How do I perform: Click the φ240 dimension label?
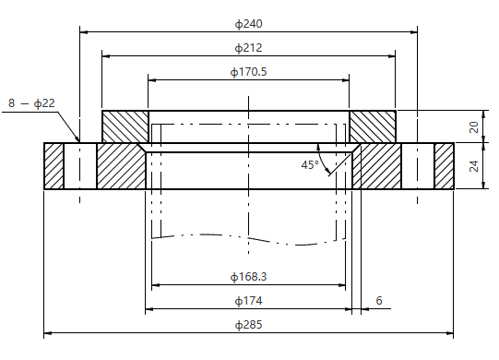[x=248, y=23]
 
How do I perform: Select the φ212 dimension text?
[x=248, y=47]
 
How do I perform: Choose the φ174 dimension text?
[x=248, y=301]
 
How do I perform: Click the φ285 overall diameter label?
[x=248, y=325]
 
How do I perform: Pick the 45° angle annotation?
[x=309, y=165]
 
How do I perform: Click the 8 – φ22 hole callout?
[x=32, y=103]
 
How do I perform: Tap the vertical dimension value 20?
[x=474, y=126]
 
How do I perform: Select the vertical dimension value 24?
[x=474, y=166]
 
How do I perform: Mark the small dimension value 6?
[x=378, y=301]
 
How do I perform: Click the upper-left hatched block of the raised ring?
[x=125, y=126]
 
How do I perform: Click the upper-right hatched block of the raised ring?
[x=373, y=126]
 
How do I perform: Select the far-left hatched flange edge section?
[x=53, y=166]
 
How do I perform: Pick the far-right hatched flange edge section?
[x=444, y=166]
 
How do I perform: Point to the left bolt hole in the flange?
[x=79, y=166]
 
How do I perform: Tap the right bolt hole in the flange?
[x=418, y=166]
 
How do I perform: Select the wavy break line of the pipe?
[x=247, y=238]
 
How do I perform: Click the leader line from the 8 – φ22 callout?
[x=69, y=126]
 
